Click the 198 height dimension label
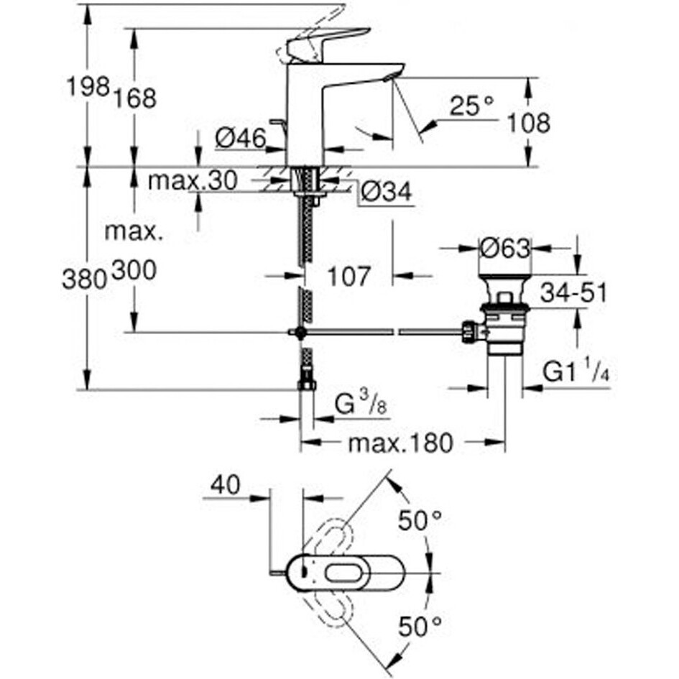pos(88,87)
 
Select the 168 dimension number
pos(134,98)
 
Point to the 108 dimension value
pos(528,123)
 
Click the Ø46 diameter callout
pos(241,139)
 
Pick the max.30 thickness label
pos(193,180)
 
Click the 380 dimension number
pos(84,279)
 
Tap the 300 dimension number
pos(134,271)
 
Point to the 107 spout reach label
pos(349,276)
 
